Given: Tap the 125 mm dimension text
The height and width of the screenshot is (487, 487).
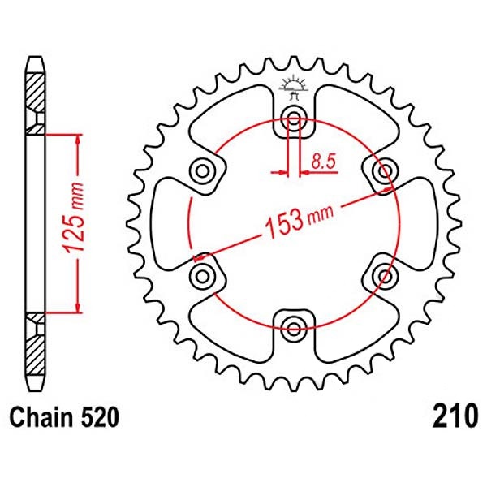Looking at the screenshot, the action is (74, 218).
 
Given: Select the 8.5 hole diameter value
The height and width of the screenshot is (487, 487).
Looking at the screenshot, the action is (324, 162).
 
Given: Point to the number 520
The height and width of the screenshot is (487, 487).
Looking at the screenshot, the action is (99, 417).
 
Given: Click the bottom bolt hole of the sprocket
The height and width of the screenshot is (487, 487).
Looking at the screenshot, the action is (294, 329).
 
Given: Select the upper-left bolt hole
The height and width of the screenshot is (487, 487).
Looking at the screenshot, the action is (202, 170).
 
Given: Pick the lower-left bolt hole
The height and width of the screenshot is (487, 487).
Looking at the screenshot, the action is (202, 276).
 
